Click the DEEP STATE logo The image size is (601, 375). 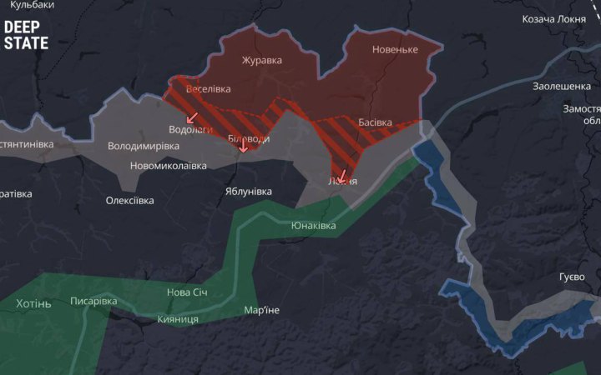(26, 35)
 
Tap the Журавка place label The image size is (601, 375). (261, 60)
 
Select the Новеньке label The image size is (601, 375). (394, 50)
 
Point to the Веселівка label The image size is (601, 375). (209, 89)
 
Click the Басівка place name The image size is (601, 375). (375, 122)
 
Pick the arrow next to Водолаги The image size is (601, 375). (192, 117)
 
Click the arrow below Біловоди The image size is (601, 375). (244, 147)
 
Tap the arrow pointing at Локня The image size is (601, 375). (341, 177)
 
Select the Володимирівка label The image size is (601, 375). (144, 146)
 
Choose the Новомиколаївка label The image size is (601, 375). (168, 165)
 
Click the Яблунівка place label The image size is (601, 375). (248, 191)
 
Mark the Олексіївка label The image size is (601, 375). (129, 200)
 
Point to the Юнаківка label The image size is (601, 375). (313, 226)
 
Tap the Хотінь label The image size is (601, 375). (33, 303)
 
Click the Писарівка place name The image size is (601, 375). (93, 301)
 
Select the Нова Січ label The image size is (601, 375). (187, 292)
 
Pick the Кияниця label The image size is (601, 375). (177, 319)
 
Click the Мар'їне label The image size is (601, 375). (261, 311)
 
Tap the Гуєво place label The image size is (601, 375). (572, 277)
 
